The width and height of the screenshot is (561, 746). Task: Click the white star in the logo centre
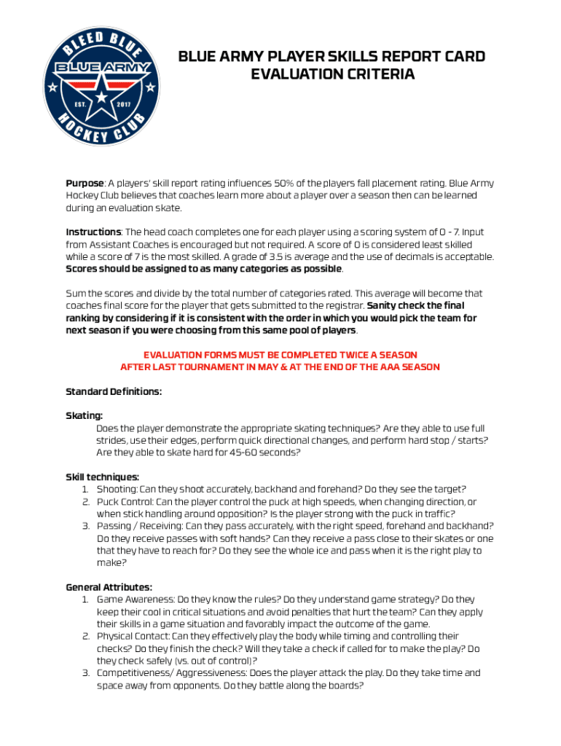(x=101, y=93)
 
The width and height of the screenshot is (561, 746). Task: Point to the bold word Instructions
(x=93, y=232)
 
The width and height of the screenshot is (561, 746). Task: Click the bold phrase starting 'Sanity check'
(x=415, y=306)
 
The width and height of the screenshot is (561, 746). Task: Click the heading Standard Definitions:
(x=114, y=392)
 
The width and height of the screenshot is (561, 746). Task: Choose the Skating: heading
(x=84, y=416)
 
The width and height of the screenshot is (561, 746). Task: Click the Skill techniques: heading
(x=102, y=477)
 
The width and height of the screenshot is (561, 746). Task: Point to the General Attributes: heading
(x=109, y=587)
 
